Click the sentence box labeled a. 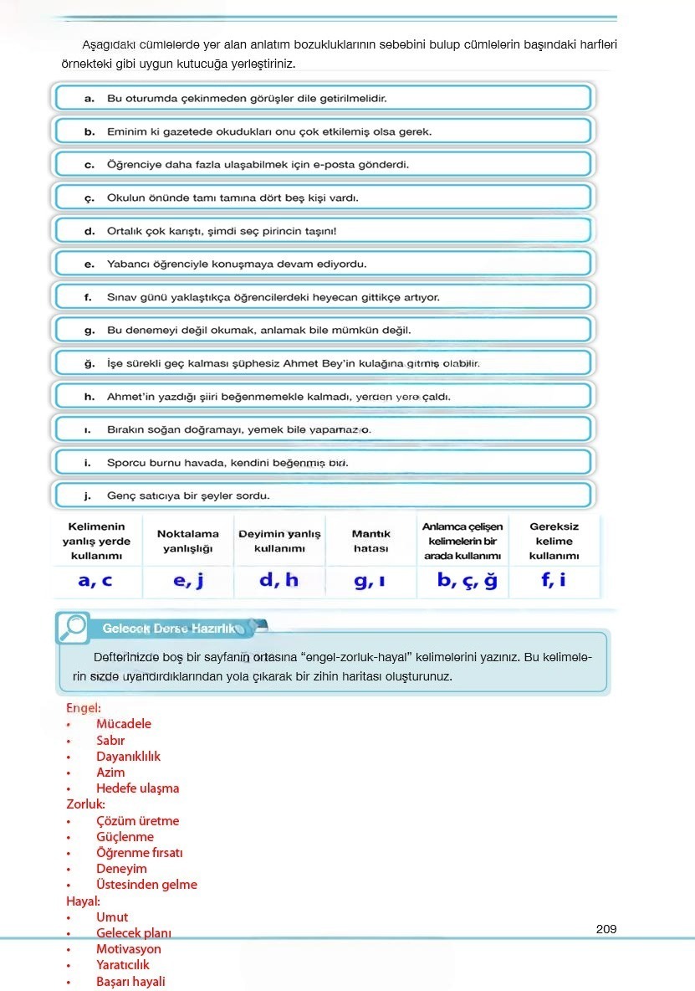point(323,99)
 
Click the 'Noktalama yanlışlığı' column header point(188,541)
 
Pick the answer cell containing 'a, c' point(95,581)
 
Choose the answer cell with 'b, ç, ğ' point(466,581)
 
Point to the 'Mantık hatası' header point(370,541)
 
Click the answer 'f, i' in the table point(553,580)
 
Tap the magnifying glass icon point(74,626)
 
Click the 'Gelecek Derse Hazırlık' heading point(168,628)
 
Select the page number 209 point(606,928)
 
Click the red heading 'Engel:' point(84,708)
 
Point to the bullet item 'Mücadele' point(124,724)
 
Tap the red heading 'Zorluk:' point(86,804)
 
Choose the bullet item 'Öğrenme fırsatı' point(140,853)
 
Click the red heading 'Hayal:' point(84,901)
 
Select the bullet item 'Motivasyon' point(129,949)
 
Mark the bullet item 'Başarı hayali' point(130,982)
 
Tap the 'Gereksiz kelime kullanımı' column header point(554,541)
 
